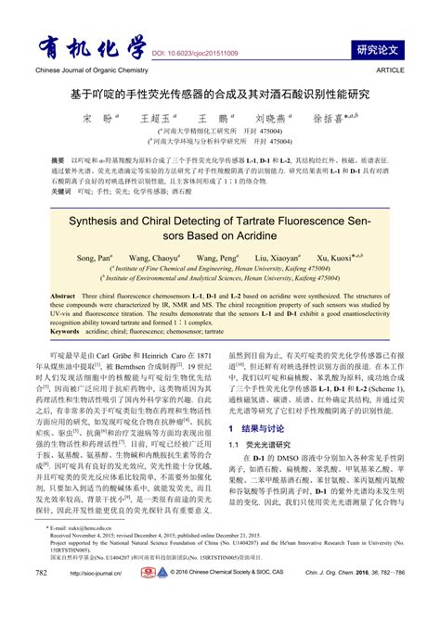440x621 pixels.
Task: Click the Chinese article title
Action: (x=220, y=95)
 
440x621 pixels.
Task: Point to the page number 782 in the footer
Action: (x=41, y=600)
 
